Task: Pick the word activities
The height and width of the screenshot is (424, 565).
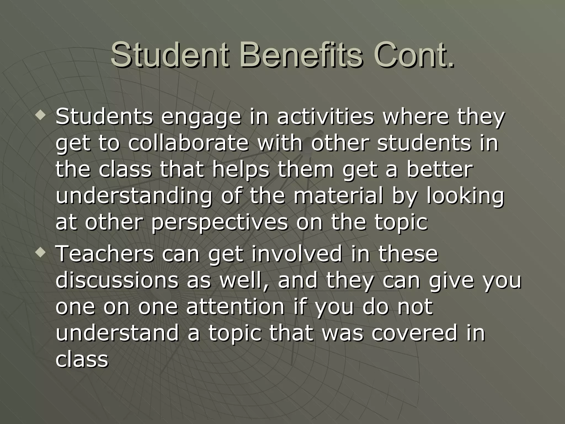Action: (x=325, y=116)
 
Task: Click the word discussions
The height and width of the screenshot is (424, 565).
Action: (x=117, y=280)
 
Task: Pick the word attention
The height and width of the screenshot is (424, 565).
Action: (x=235, y=306)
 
